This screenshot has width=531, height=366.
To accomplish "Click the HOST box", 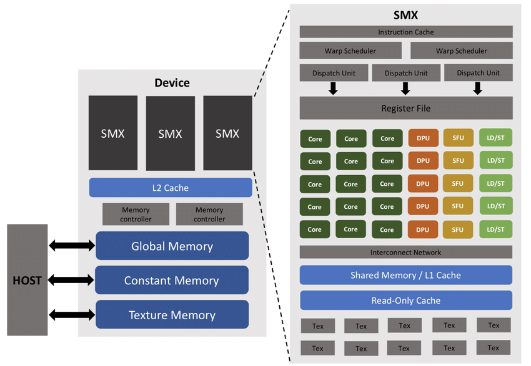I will click(x=27, y=280).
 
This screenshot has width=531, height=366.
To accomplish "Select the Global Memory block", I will click(x=172, y=246).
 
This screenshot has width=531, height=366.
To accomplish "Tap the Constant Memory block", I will click(x=172, y=281).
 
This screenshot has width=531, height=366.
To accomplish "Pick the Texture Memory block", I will click(x=172, y=315).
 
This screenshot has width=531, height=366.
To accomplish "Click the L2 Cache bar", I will click(x=171, y=188).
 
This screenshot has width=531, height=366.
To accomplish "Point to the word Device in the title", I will click(x=172, y=83).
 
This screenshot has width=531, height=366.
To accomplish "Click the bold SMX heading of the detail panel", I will click(x=405, y=16).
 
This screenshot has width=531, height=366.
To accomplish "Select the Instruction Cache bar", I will click(x=406, y=32).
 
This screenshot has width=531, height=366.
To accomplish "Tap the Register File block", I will click(x=406, y=108).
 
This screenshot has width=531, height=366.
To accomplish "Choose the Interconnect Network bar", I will click(x=406, y=253).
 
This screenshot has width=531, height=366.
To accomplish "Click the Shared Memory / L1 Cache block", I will click(x=406, y=275).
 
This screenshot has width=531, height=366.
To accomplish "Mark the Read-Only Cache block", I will click(x=406, y=301).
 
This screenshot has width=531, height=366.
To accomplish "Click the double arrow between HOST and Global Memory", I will click(x=71, y=246).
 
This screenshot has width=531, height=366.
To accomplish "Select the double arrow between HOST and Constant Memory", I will click(x=71, y=281).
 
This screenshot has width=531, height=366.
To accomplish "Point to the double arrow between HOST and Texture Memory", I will click(x=71, y=315).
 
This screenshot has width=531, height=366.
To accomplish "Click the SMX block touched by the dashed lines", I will click(x=227, y=133).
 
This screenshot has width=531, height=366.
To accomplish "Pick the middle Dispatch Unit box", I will click(x=406, y=73).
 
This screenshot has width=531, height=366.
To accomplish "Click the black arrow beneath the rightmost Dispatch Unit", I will click(x=478, y=89).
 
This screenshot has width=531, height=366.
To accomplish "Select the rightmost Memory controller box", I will click(x=209, y=214).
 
